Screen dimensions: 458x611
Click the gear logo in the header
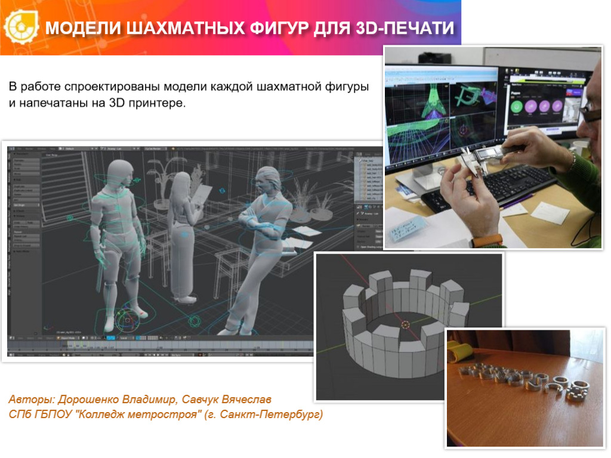(x=19, y=27)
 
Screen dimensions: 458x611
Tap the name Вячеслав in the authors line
(x=249, y=399)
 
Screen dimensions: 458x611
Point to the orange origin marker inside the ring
(x=405, y=324)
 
